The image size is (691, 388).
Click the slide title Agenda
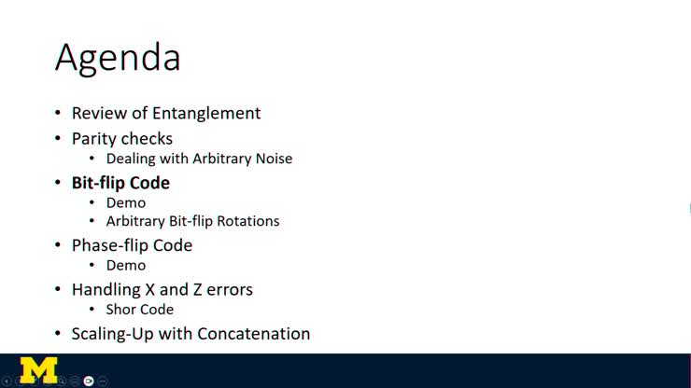pyautogui.click(x=118, y=58)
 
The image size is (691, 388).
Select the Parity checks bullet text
pyautogui.click(x=122, y=138)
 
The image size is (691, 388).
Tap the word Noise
pyautogui.click(x=272, y=159)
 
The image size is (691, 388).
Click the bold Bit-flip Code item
pyautogui.click(x=120, y=182)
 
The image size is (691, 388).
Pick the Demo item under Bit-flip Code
pyautogui.click(x=126, y=202)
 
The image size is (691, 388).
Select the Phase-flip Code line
pyautogui.click(x=132, y=245)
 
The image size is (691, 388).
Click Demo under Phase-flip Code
pyautogui.click(x=126, y=265)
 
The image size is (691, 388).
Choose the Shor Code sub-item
pyautogui.click(x=140, y=309)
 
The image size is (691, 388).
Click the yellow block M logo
pyautogui.click(x=38, y=370)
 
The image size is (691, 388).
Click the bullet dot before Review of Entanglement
pyautogui.click(x=58, y=114)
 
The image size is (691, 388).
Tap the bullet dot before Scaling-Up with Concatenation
pyautogui.click(x=58, y=334)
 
